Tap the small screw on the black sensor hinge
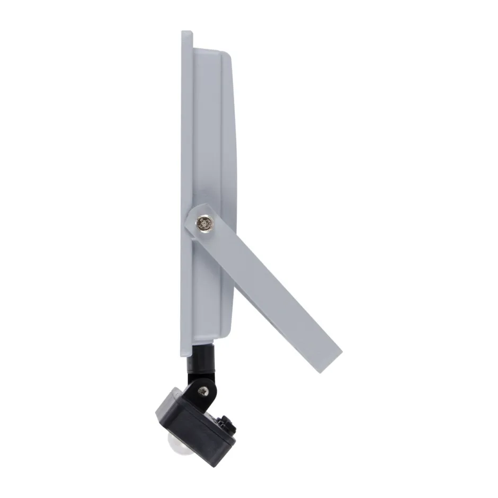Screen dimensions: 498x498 (x=203, y=391)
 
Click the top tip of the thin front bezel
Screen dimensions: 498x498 (x=186, y=32)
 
